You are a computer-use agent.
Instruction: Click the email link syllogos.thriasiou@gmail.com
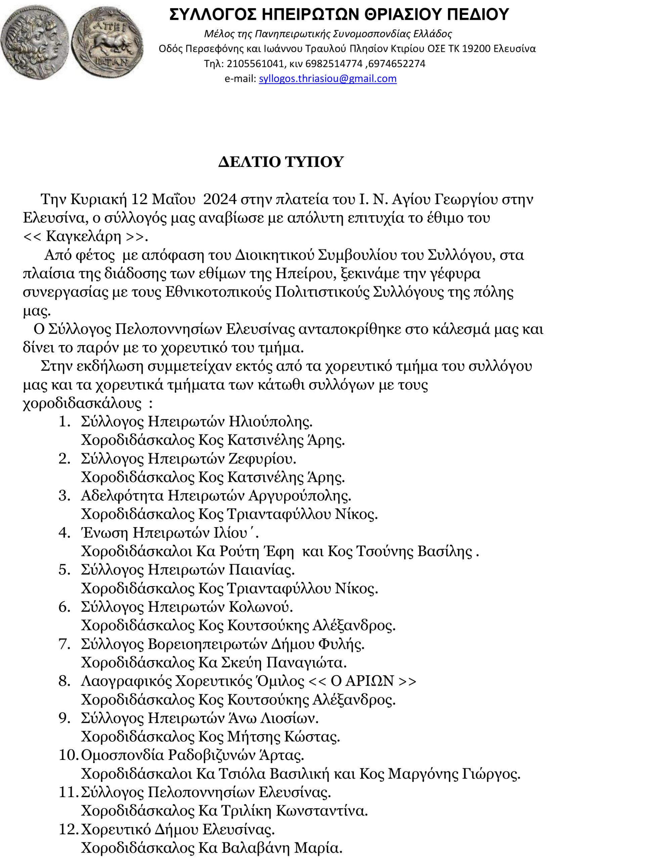point(327,79)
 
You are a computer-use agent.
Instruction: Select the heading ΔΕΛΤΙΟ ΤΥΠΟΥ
point(281,162)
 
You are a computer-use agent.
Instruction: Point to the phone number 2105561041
point(255,63)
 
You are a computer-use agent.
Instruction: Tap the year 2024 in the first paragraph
point(220,199)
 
